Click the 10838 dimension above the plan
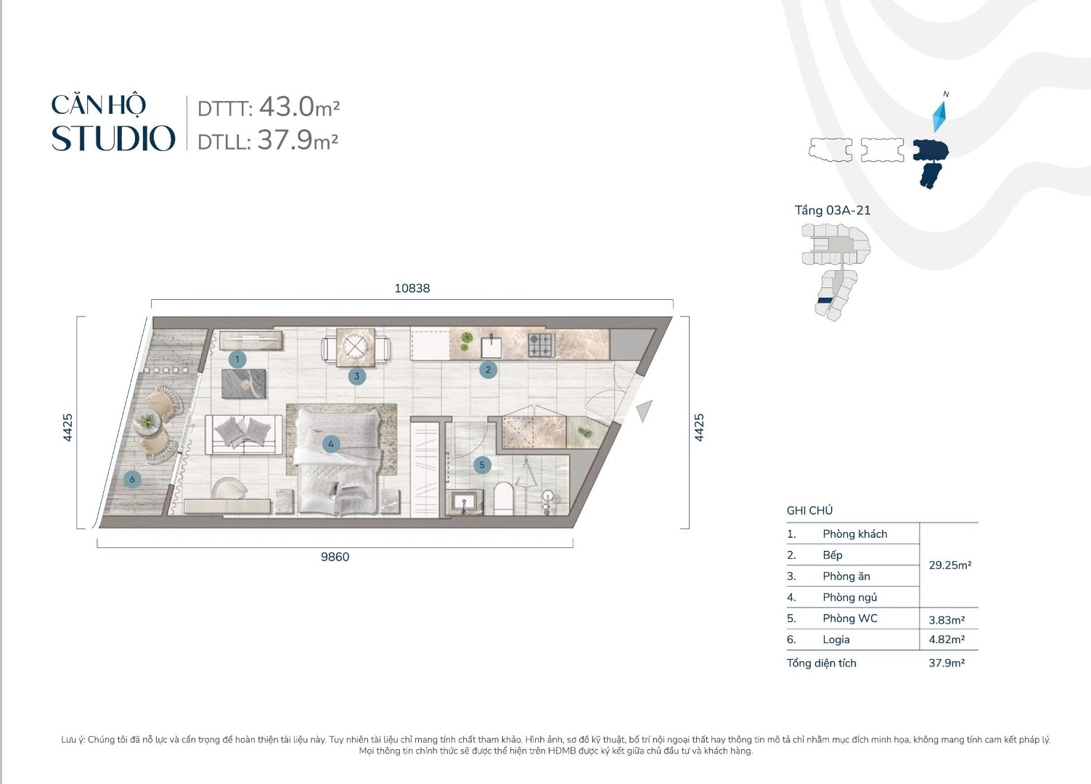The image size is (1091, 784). (x=412, y=288)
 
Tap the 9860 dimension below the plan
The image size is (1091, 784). (x=335, y=557)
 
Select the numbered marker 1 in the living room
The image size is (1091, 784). (x=237, y=359)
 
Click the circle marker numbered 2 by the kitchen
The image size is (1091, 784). (x=488, y=369)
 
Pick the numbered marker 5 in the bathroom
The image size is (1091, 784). (x=482, y=465)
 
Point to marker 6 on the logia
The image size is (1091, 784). (x=132, y=479)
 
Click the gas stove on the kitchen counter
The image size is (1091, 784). (x=541, y=346)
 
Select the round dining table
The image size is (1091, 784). (x=355, y=348)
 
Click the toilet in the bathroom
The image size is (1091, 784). (x=503, y=498)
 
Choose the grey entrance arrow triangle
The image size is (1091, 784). (x=645, y=411)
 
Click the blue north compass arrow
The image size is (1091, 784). (x=939, y=116)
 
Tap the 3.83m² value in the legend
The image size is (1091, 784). (x=947, y=620)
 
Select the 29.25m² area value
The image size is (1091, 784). (x=949, y=565)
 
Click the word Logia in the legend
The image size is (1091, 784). (x=835, y=640)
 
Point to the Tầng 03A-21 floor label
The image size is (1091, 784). (x=833, y=211)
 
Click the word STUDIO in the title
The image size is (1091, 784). (x=113, y=139)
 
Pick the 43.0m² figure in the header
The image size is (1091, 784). (x=299, y=107)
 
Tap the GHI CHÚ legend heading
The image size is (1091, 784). (x=809, y=510)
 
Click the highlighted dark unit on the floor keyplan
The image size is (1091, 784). (x=824, y=301)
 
